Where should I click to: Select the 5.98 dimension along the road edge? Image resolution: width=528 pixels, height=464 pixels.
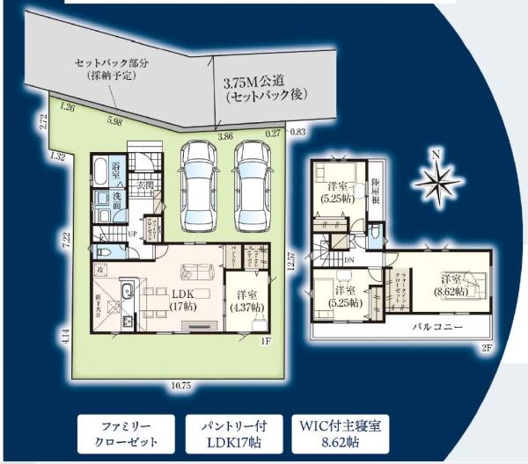pyautogui.click(x=114, y=121)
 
